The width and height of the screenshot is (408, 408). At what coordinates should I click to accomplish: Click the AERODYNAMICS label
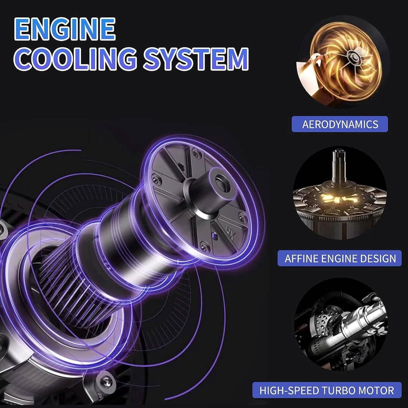coord(340,124)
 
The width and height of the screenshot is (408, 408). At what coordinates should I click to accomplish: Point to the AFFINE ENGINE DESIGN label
coord(340,258)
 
